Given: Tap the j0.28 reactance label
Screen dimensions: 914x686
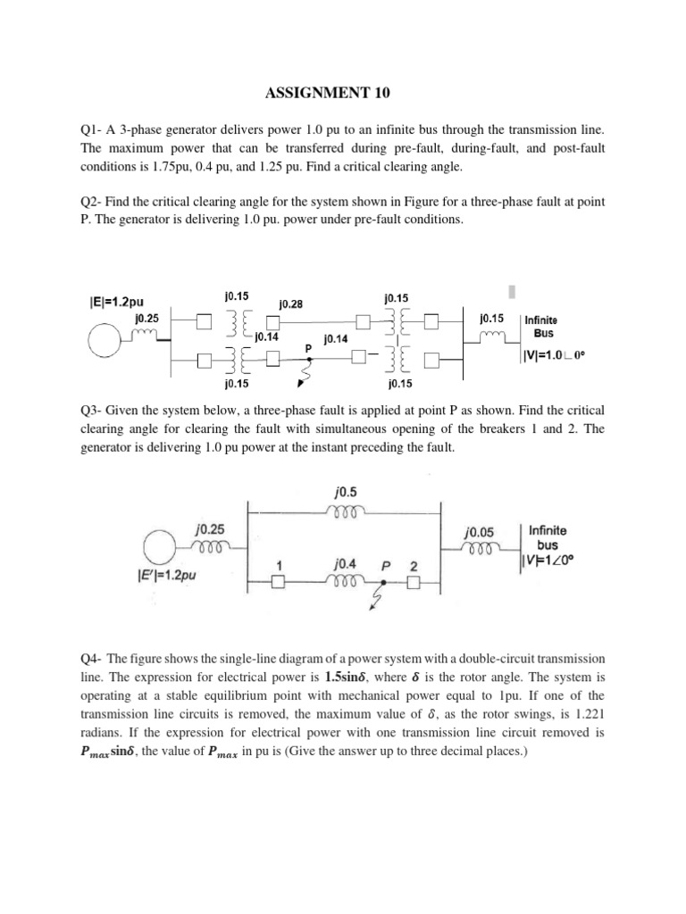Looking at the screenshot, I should point(291,303).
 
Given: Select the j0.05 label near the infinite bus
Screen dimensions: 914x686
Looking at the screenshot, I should point(481,531).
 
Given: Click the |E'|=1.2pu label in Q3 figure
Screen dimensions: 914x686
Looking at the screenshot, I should point(170,577).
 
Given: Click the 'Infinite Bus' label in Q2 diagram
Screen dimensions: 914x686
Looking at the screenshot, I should point(543,325).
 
